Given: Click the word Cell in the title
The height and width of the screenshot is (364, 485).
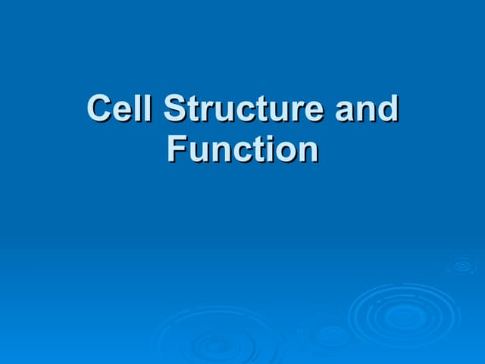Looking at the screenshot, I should (120, 109).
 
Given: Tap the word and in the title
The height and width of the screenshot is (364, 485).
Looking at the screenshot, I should (367, 109).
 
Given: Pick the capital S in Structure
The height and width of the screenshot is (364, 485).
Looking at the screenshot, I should (175, 109).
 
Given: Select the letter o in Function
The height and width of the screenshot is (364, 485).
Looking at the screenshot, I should (286, 151).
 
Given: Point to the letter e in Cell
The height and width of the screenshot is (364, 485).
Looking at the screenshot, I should (121, 111).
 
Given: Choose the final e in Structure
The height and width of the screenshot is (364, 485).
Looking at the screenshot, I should (311, 111).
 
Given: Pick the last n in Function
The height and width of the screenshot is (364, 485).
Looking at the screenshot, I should (308, 151).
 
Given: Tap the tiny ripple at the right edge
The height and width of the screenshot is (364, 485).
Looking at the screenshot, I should (462, 265).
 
